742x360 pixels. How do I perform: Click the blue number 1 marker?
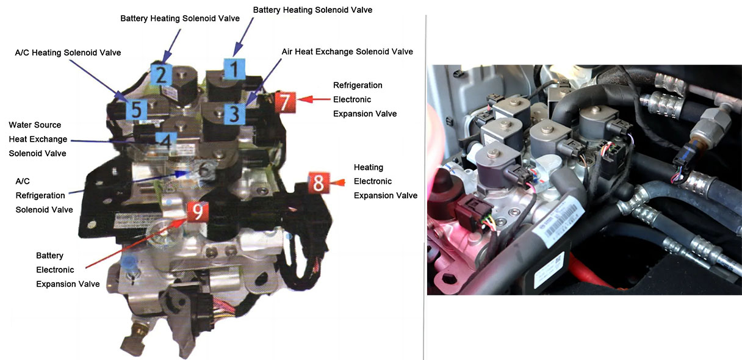click(232, 70)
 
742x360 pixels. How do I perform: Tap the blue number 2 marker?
click(160, 74)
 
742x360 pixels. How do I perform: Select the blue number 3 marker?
click(234, 113)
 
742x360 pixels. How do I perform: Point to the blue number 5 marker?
click(136, 110)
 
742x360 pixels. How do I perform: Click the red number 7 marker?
click(285, 102)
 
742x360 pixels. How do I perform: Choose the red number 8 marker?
click(318, 182)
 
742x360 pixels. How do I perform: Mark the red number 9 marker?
click(197, 212)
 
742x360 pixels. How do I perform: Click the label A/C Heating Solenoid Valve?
click(68, 53)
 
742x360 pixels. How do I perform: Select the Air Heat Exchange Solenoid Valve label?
click(347, 52)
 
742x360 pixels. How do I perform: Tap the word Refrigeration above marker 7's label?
click(358, 85)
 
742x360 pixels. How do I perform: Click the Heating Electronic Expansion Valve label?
click(385, 181)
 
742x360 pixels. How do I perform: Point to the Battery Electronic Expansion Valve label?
click(68, 270)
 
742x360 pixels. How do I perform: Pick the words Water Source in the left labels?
click(35, 125)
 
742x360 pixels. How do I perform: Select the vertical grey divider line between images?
click(424, 183)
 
